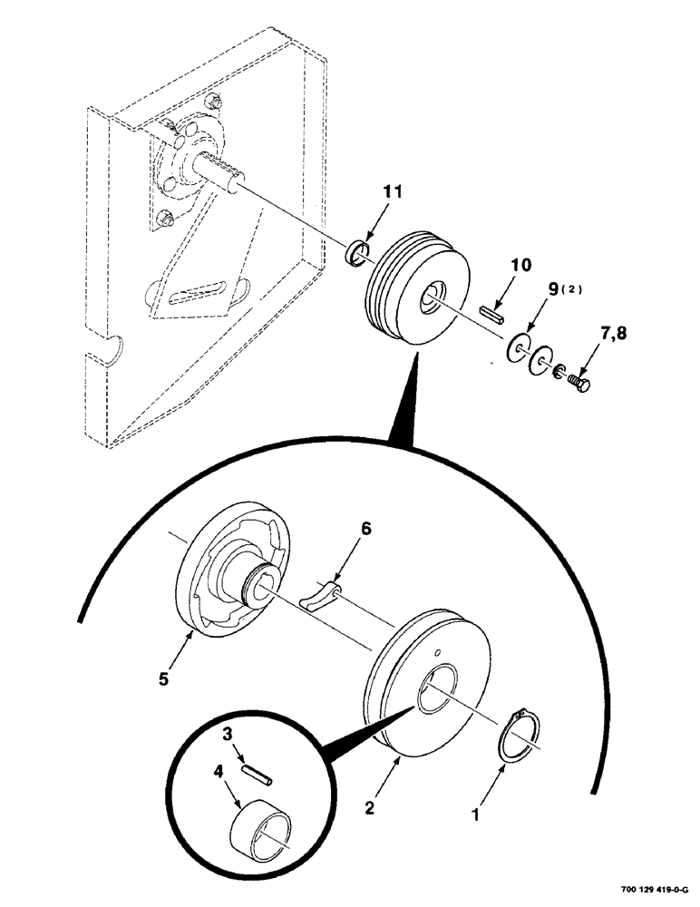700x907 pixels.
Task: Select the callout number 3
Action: [230, 730]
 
